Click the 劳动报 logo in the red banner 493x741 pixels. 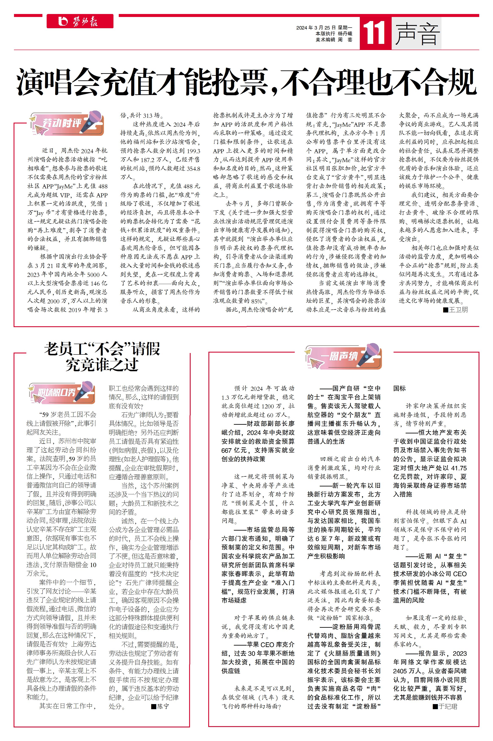80,21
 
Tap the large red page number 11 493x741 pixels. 374,33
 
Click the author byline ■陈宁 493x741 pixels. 160,706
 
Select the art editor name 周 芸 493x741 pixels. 345,40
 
